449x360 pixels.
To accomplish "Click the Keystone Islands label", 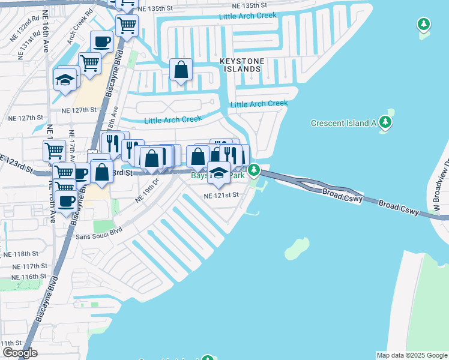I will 240,65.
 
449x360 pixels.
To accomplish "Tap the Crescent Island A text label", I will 343,124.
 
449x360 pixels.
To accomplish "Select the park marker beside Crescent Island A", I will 385,123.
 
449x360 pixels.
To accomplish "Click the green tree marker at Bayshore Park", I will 255,172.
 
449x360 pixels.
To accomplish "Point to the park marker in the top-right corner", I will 424,24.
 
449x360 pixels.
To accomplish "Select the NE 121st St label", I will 221,196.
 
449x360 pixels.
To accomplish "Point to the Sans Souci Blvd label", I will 99,232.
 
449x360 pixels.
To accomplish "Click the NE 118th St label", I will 25,254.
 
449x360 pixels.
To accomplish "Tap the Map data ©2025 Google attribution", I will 412,355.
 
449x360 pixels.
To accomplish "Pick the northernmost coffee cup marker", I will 101,43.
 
